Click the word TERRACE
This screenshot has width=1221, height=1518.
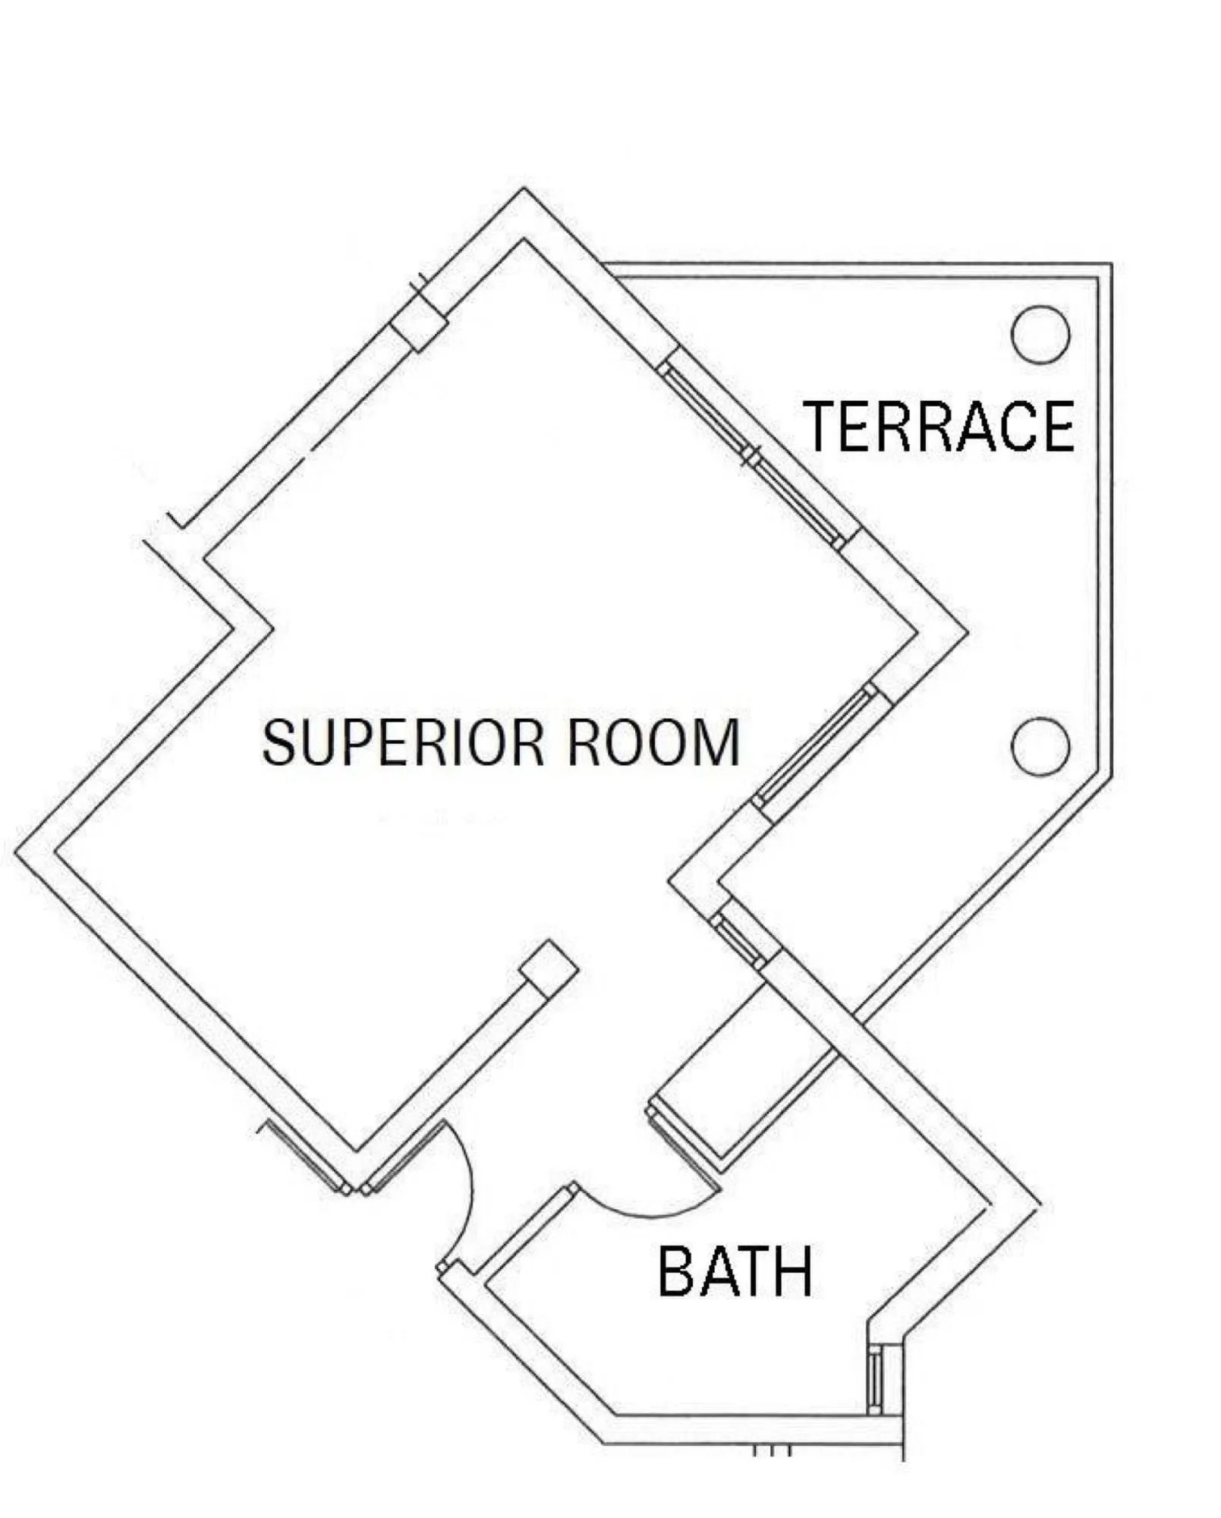[x=939, y=427]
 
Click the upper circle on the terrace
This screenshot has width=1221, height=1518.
[x=1040, y=334]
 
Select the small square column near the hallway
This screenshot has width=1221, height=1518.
[x=549, y=969]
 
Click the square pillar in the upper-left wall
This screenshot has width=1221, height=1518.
[x=418, y=323]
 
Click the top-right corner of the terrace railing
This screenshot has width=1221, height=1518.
[x=1111, y=265]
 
